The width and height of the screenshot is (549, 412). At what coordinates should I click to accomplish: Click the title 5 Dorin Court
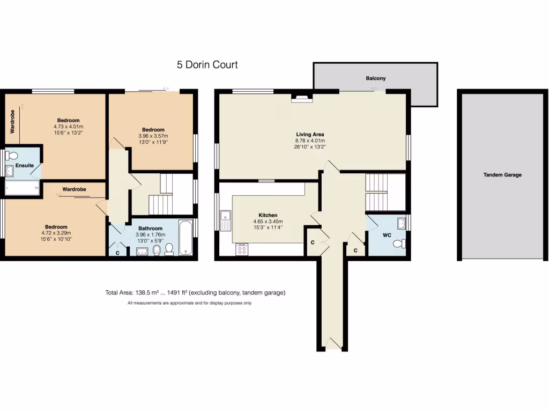(207, 65)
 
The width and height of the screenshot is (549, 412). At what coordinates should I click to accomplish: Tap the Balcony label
(375, 78)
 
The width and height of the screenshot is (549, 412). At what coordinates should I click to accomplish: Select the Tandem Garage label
(502, 175)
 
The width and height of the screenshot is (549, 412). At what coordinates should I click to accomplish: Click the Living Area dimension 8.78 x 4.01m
(310, 141)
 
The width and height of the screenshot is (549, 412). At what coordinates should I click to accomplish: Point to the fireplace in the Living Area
(301, 98)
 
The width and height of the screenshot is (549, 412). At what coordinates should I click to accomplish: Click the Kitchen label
(268, 215)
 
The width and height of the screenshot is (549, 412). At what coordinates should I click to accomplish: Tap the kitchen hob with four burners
(242, 249)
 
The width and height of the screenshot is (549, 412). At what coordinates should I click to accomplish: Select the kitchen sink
(225, 220)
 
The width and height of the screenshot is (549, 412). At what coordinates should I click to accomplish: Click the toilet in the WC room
(399, 244)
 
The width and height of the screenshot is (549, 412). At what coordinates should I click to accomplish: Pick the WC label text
(387, 236)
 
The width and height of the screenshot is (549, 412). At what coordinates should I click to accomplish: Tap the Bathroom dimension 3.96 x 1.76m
(150, 234)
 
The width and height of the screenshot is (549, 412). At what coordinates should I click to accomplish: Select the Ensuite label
(24, 166)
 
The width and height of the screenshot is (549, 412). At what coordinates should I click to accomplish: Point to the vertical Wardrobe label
(11, 122)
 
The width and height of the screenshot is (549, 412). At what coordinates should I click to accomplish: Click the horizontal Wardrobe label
(75, 189)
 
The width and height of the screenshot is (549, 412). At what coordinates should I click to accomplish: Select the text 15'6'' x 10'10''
(56, 239)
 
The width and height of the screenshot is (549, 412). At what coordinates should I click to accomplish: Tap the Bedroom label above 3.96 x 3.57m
(153, 130)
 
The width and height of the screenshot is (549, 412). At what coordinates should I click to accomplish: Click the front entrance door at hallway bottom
(333, 343)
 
